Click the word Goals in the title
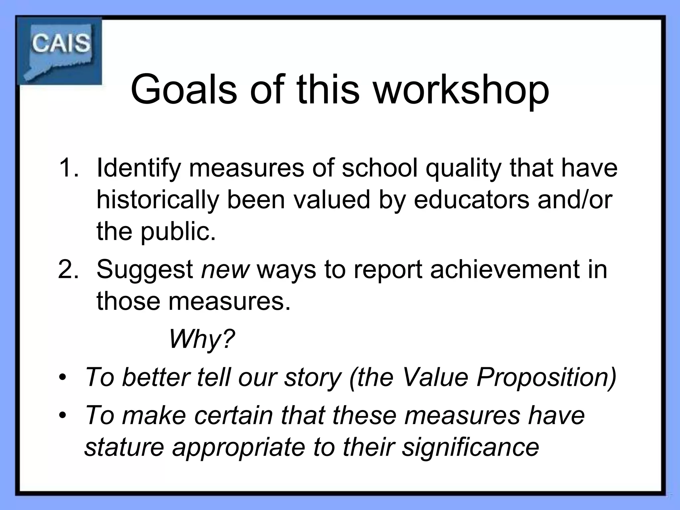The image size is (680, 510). coord(184,90)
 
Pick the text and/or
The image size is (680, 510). coord(575,200)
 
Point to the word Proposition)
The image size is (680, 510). coord(546,378)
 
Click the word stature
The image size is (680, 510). coord(124,447)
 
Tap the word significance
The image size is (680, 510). coord(470,447)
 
